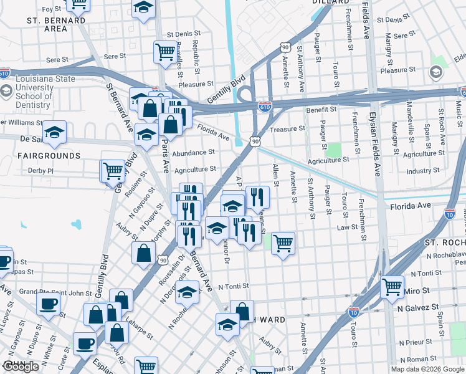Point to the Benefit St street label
(x=321, y=110)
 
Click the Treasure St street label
(x=288, y=128)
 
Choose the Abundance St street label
(x=194, y=152)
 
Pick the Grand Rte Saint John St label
(x=47, y=292)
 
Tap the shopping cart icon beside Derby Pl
(x=112, y=170)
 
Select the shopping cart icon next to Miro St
(x=392, y=286)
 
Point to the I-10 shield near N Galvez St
(x=354, y=310)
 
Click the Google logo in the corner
(x=21, y=367)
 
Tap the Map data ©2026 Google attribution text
(x=427, y=369)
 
